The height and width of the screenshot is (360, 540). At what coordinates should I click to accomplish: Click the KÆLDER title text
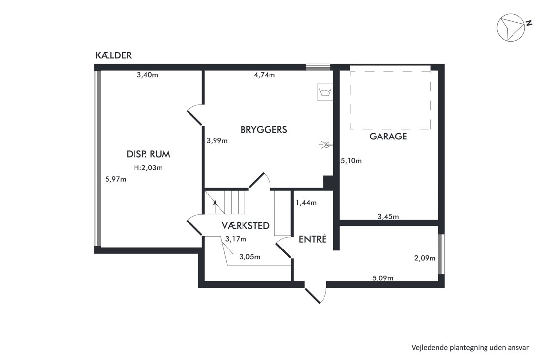[113, 55]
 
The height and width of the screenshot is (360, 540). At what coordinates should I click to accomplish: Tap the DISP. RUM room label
[148, 154]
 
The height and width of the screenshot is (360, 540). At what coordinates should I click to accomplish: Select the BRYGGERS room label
[264, 130]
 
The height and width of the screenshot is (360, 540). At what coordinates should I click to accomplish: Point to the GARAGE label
[388, 137]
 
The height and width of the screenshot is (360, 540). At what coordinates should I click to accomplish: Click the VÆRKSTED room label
[245, 226]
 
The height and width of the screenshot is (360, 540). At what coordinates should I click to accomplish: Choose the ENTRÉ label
[312, 239]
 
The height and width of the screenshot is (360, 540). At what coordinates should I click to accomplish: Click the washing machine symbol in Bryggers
[325, 92]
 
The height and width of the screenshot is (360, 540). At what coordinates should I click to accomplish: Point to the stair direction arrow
[215, 207]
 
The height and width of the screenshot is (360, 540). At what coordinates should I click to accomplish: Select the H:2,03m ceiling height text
[148, 168]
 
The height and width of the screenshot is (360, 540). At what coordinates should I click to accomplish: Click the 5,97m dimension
[116, 179]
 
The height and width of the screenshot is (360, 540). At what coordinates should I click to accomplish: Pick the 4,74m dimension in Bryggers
[265, 75]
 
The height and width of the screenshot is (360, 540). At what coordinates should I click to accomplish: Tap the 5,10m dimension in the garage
[351, 161]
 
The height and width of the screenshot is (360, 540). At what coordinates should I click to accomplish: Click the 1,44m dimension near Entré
[306, 203]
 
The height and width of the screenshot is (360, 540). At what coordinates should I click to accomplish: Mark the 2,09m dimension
[425, 258]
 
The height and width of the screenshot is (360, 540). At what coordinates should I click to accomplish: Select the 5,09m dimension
[382, 278]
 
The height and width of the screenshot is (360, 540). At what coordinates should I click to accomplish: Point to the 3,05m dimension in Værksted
[250, 257]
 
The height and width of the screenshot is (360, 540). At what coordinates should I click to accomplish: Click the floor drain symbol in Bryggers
[326, 145]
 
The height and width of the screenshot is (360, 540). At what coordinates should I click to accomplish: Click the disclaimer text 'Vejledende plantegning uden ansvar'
[470, 348]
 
